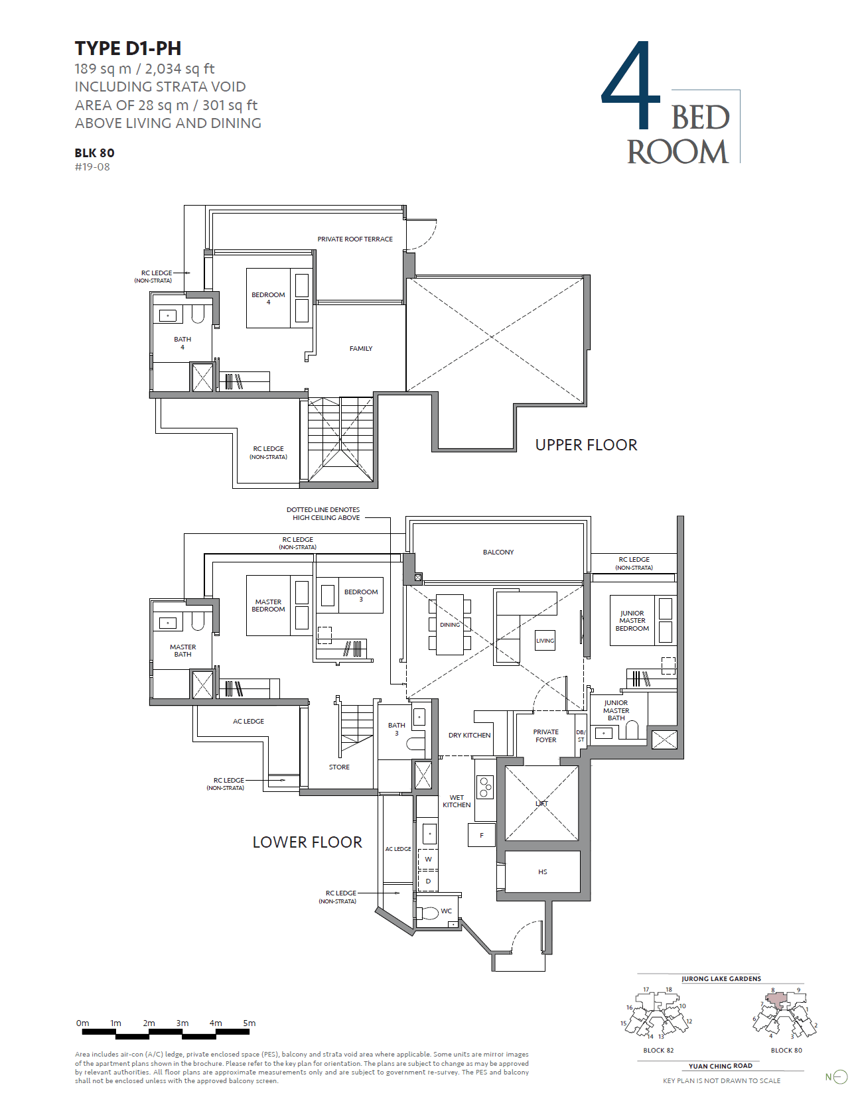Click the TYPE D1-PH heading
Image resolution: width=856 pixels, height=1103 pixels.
127,48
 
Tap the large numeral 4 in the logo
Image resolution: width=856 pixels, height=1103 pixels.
631,86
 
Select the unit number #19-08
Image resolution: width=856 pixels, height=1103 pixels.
92,167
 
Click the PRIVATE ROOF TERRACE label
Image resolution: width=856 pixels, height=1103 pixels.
354,239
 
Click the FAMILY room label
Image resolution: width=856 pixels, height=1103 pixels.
361,348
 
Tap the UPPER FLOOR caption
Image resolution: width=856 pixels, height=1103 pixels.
586,445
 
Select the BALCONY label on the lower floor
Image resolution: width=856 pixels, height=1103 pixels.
498,552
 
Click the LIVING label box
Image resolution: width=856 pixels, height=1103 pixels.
545,641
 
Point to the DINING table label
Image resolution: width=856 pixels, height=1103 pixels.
449,625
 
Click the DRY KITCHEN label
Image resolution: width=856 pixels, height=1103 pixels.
469,735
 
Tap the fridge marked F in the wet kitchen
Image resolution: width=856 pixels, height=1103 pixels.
482,835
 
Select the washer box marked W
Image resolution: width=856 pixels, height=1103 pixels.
428,859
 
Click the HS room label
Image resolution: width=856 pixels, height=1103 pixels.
542,872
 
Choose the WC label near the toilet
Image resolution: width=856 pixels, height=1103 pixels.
446,911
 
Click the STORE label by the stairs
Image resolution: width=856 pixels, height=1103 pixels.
339,767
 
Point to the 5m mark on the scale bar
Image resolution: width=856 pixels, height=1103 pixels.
249,1023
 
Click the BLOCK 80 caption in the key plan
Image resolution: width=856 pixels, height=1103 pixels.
786,1050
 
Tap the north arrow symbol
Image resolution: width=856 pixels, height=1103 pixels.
839,1077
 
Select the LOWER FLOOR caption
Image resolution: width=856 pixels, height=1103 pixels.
307,842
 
